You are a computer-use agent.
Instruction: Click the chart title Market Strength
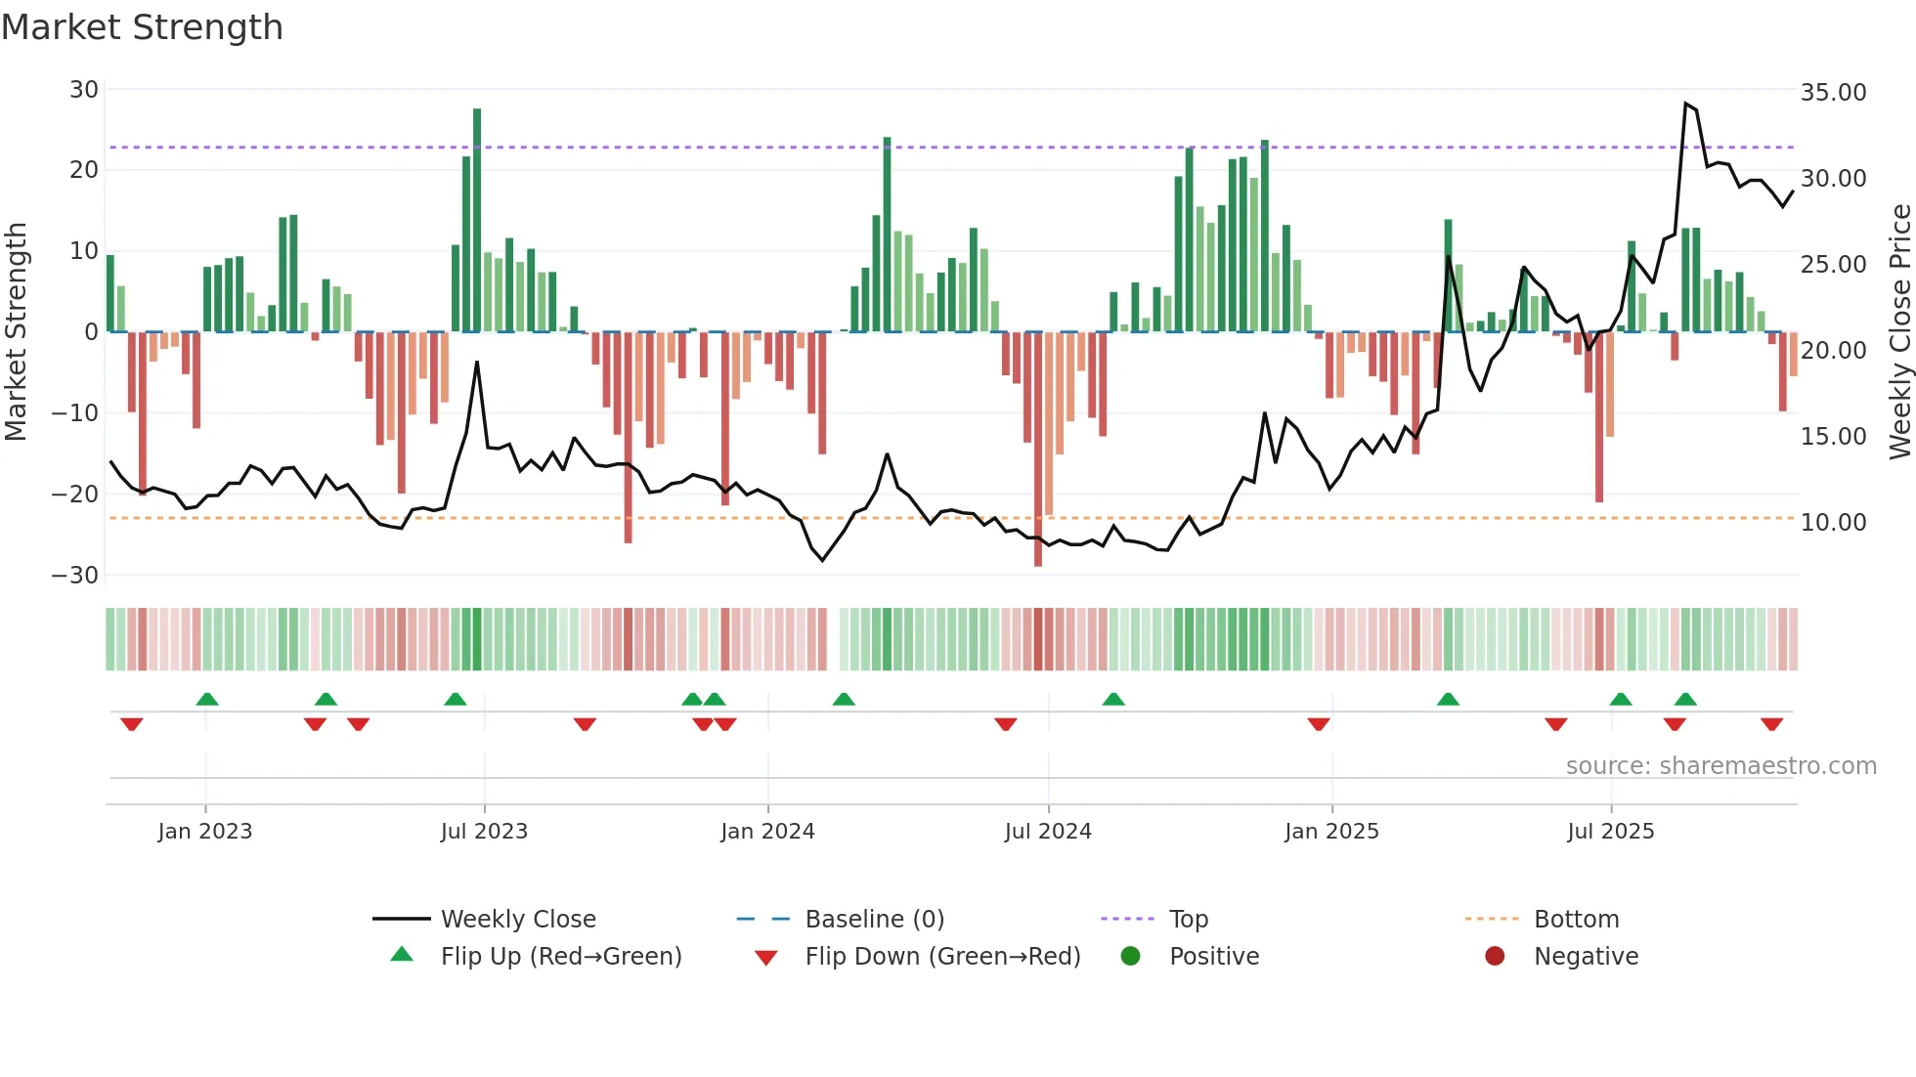142,27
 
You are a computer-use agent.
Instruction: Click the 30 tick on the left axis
84,90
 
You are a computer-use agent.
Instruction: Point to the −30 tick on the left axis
76,576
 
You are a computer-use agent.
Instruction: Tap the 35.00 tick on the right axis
1833,93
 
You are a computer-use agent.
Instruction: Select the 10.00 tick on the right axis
1833,523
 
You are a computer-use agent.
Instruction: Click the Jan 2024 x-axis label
767,832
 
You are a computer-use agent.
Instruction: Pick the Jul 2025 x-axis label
1610,832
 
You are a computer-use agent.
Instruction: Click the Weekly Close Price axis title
1899,332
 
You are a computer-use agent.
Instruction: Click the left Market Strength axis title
16,332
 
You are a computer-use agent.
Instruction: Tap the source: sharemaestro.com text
1720,766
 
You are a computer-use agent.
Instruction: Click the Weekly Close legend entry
518,920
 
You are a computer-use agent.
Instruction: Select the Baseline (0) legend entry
874,920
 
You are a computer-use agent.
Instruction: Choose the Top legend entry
1189,920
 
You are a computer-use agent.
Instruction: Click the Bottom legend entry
1576,920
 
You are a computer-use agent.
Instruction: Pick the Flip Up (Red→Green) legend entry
560,957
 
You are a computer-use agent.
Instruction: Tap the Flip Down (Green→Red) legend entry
942,957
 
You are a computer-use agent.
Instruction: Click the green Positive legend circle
1131,957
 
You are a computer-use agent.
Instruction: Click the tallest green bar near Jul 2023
477,220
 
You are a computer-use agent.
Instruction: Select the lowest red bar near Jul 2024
1038,450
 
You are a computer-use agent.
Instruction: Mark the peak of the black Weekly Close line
1686,104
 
